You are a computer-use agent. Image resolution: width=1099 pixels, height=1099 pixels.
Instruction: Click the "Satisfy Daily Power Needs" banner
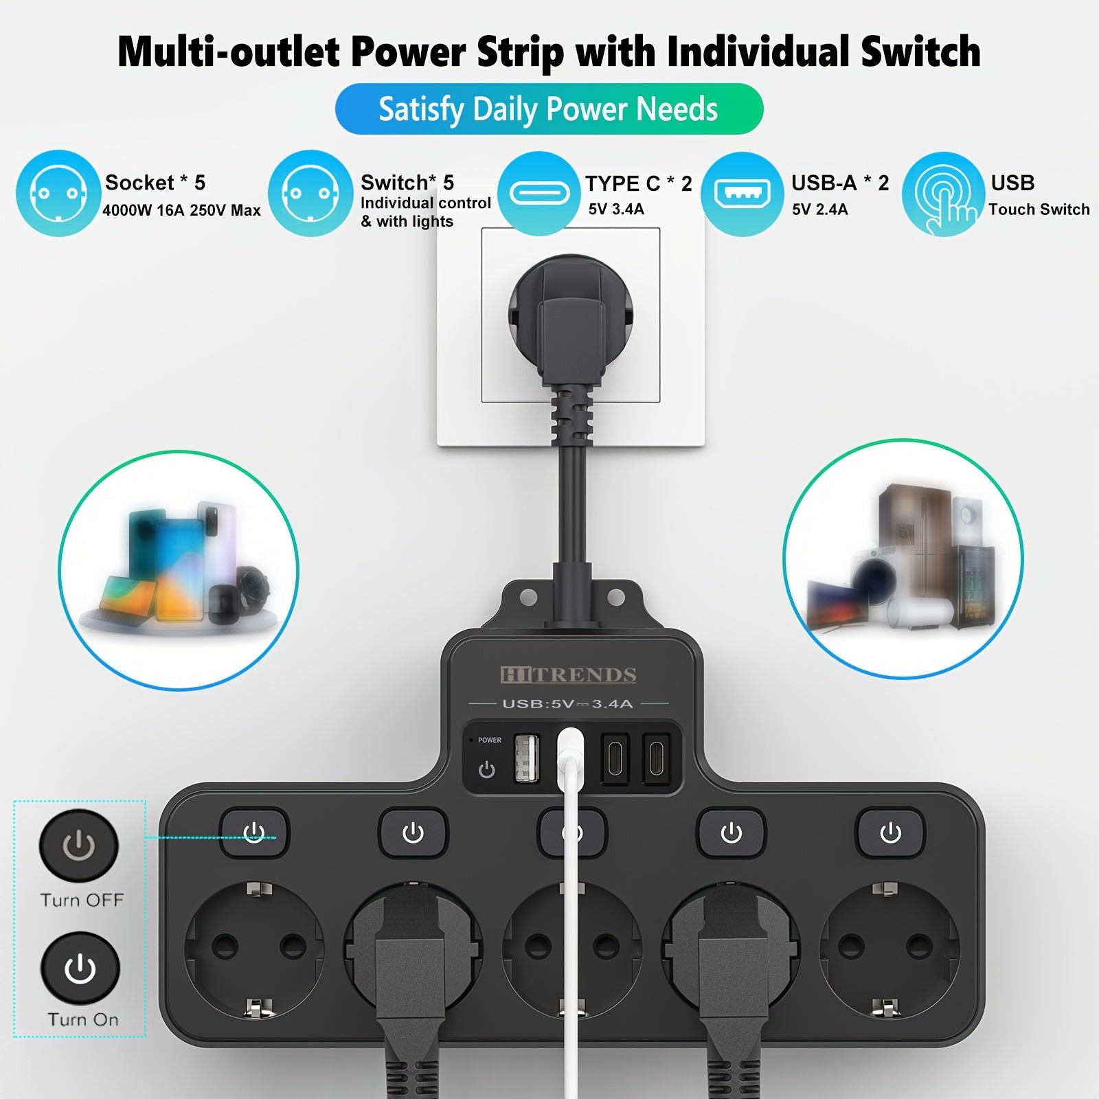coord(549,109)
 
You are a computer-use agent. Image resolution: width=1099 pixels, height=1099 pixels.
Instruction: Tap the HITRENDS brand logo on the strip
coord(568,675)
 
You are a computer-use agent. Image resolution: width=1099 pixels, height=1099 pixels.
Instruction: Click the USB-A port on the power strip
coord(527,758)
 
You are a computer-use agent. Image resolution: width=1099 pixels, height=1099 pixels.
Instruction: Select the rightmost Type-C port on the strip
coord(656,758)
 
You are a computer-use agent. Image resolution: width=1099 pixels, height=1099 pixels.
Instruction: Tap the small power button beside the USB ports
coord(486,769)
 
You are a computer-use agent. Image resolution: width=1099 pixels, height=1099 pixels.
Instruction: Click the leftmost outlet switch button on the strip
coord(254,833)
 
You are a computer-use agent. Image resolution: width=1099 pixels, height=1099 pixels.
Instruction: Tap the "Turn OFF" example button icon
coord(79,846)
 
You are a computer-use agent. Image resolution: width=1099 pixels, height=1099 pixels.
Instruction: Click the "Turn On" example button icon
coord(80,968)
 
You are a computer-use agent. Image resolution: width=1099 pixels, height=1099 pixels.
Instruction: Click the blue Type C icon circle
coord(539,193)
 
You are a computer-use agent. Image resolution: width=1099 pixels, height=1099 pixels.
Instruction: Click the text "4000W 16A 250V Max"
coord(181,211)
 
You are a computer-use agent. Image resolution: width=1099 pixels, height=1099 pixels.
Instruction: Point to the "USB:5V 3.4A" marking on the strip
coord(567,703)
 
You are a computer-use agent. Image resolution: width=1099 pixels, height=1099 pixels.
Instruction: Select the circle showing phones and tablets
coord(179,570)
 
